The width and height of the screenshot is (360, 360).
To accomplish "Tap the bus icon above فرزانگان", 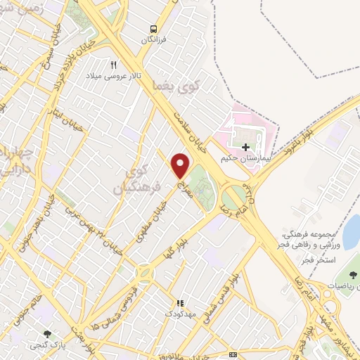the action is click(x=153, y=29).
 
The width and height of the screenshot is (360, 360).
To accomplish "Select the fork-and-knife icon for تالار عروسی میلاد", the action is click(x=113, y=64).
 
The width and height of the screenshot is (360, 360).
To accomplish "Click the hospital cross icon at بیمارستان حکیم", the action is click(x=245, y=147).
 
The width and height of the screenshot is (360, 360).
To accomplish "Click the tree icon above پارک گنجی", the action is click(x=48, y=335).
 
